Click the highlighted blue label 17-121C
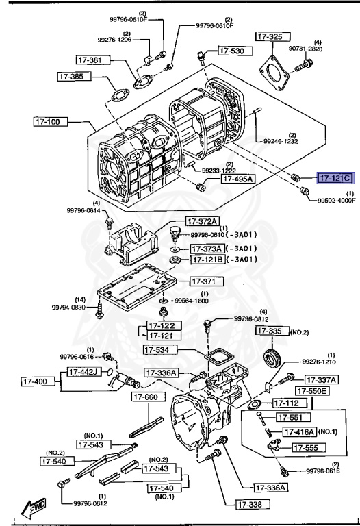coord(333,178)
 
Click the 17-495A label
coord(237,179)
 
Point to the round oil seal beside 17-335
coord(274,357)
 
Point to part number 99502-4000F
coord(335,200)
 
